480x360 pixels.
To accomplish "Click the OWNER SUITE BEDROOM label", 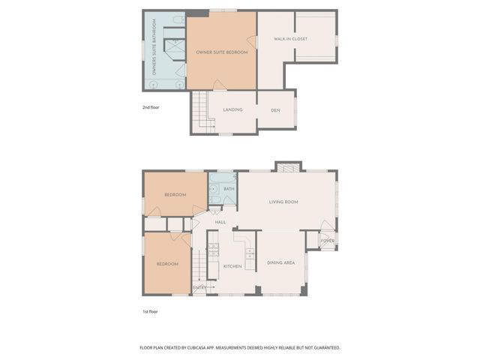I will pos(221,52).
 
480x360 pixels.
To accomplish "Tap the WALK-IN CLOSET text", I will pos(290,39).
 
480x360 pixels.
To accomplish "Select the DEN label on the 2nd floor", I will pos(275,110).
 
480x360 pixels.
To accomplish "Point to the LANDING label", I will pos(232,110).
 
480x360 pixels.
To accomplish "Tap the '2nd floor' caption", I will pos(151,107).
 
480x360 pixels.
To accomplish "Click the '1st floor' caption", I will pos(151,311).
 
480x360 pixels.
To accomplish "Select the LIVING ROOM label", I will pos(284,202).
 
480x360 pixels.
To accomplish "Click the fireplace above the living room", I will pos(288,167).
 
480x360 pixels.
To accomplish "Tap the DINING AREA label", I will pos(280,263).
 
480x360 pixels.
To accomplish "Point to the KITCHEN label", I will pos(232,266).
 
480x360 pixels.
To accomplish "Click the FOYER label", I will pos(328,241).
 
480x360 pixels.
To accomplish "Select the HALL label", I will pos(220,222).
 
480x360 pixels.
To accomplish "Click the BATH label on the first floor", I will pos(229,189).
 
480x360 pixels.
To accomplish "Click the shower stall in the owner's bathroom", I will pos(175,49).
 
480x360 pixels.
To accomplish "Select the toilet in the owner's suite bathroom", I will pos(178,20).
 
